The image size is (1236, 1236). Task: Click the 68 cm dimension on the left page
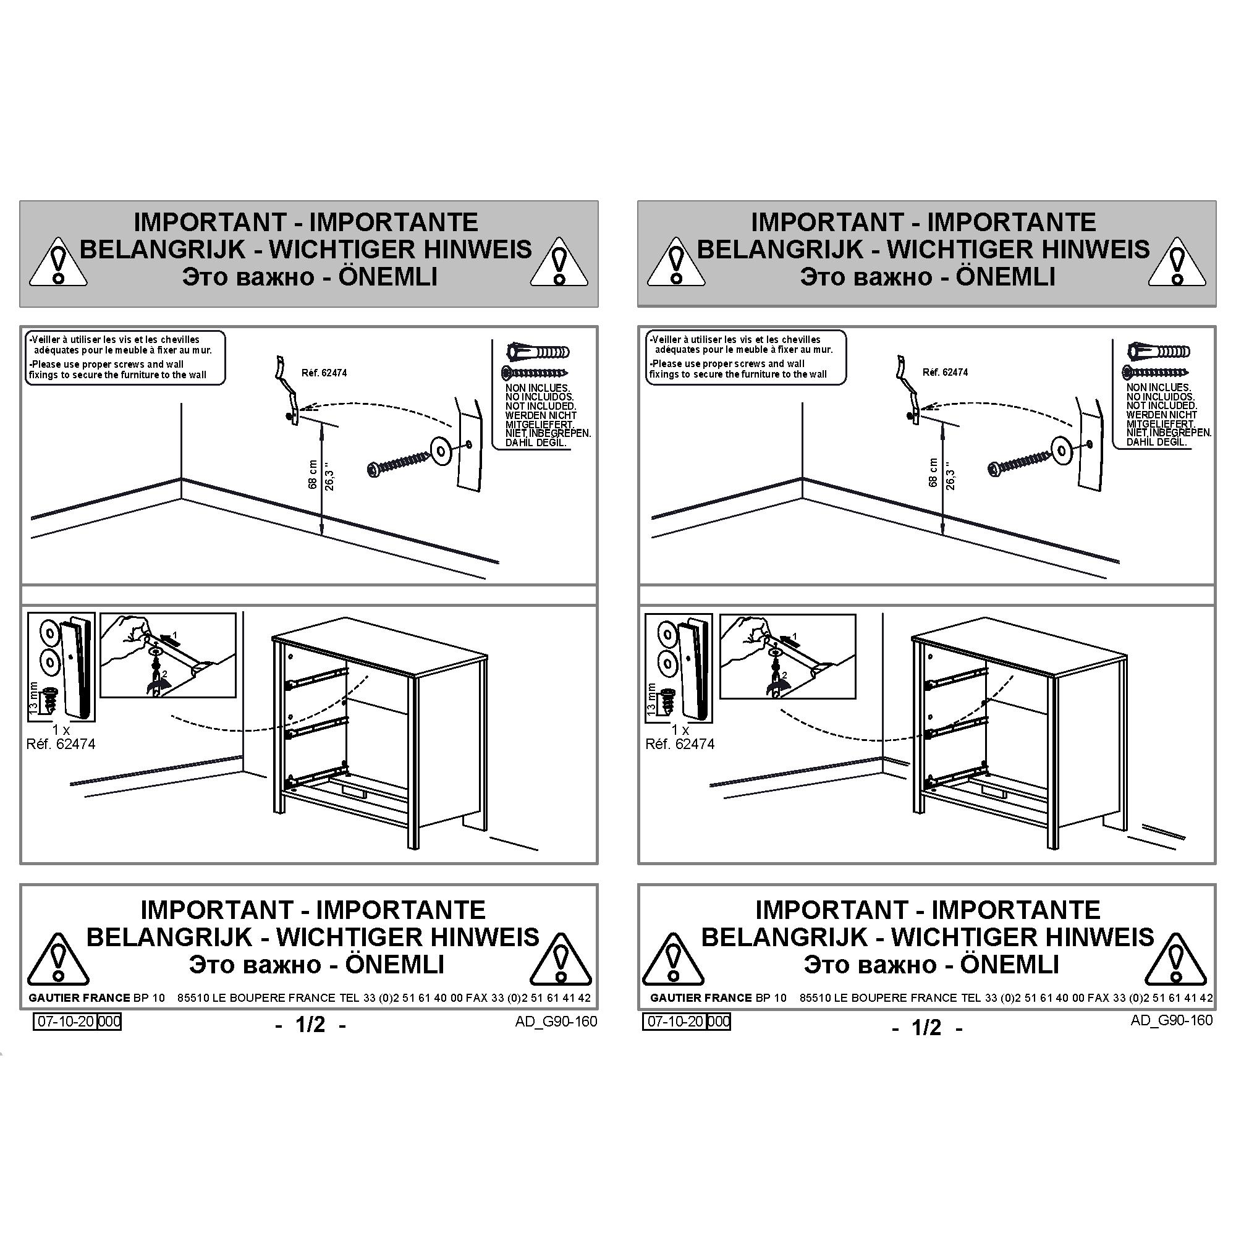(313, 474)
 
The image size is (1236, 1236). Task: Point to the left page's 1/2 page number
(310, 1025)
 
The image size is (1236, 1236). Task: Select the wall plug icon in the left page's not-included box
(538, 352)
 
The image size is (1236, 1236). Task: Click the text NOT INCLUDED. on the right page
(1161, 405)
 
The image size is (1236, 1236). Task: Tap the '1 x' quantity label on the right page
(680, 730)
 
